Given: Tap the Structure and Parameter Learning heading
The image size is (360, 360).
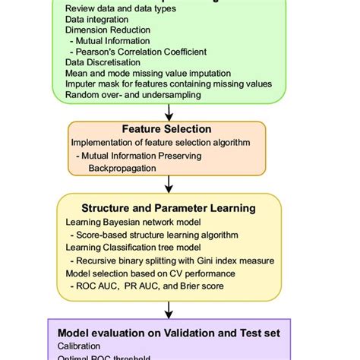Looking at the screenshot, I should [x=169, y=207].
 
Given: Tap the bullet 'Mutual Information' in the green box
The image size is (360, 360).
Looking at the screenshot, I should [x=113, y=40].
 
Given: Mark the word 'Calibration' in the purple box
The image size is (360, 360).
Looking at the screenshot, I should [x=78, y=345].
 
